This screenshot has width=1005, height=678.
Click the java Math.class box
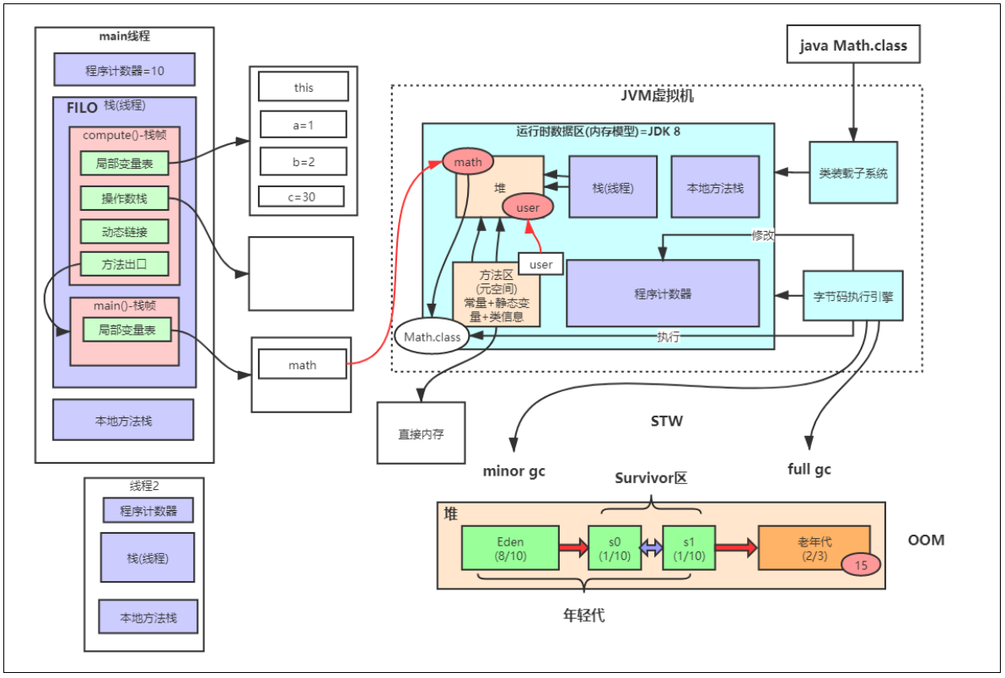click(x=853, y=45)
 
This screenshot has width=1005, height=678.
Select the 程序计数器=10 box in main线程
click(x=125, y=70)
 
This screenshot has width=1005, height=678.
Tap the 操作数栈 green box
click(x=125, y=198)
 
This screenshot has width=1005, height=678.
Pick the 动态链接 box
click(x=125, y=231)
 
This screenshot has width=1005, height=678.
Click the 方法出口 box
click(x=125, y=264)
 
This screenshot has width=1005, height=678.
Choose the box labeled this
click(x=304, y=87)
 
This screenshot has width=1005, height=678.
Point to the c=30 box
click(x=303, y=196)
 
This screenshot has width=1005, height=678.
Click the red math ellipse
click(x=467, y=161)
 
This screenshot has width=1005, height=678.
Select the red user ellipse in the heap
click(x=527, y=207)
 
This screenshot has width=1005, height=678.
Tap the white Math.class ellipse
click(x=433, y=337)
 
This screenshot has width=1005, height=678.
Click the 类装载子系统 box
click(x=853, y=173)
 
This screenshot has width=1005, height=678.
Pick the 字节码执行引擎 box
click(x=853, y=296)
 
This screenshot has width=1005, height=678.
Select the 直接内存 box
click(x=421, y=433)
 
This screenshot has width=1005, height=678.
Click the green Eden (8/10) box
click(x=511, y=546)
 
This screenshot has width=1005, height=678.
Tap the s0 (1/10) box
click(x=614, y=546)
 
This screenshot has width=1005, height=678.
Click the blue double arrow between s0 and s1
click(x=651, y=547)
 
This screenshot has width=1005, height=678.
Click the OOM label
click(x=927, y=540)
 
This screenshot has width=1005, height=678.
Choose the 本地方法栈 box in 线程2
click(x=148, y=617)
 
